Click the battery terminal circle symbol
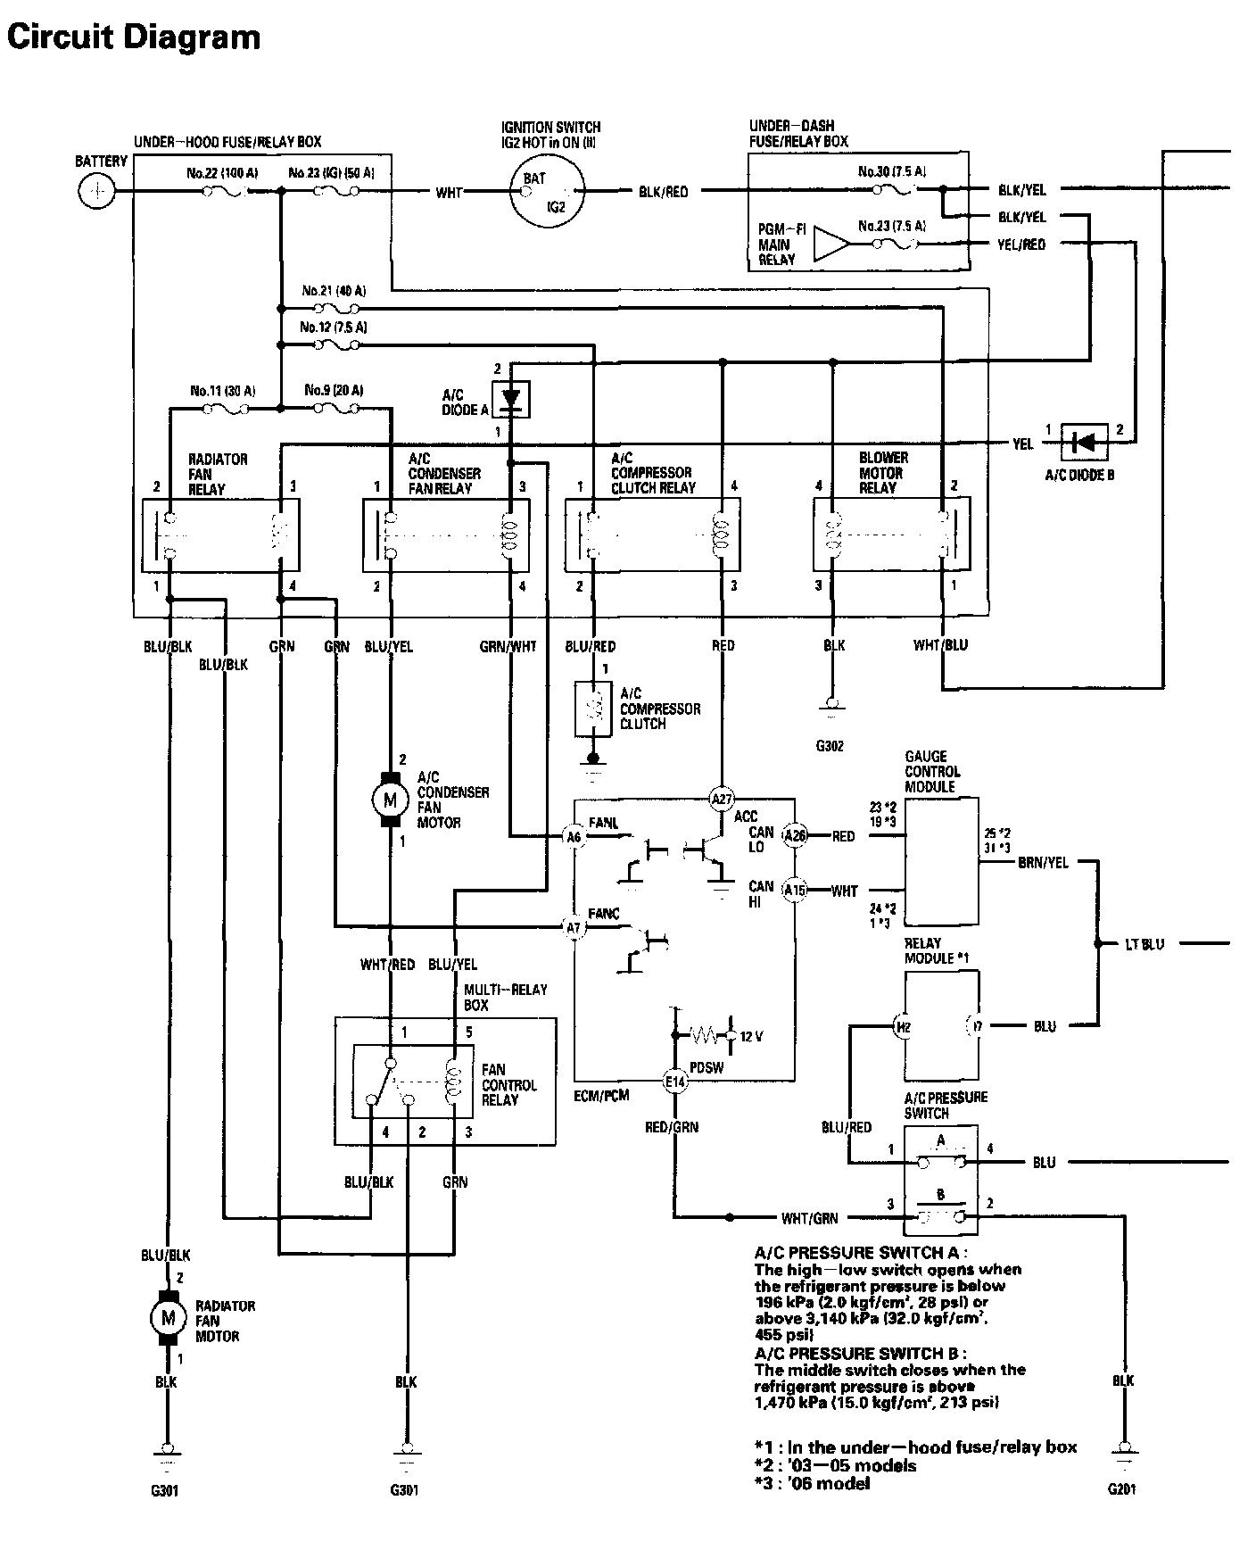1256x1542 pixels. (96, 191)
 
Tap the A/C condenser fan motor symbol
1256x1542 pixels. (390, 800)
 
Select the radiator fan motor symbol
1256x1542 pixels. (166, 1316)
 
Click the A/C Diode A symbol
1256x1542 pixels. (510, 398)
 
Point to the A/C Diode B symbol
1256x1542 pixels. (1084, 442)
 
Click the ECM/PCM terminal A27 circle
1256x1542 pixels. (721, 799)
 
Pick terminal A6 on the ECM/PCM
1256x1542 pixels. (574, 837)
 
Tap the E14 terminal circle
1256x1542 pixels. (675, 1082)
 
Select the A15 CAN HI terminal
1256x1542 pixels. (794, 890)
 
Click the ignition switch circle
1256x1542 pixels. (546, 191)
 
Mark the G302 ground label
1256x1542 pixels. (830, 746)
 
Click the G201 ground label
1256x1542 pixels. (1122, 1488)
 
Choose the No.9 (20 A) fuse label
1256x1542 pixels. (334, 391)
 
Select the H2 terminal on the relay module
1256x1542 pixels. (904, 1027)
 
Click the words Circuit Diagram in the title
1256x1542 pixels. (134, 37)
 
